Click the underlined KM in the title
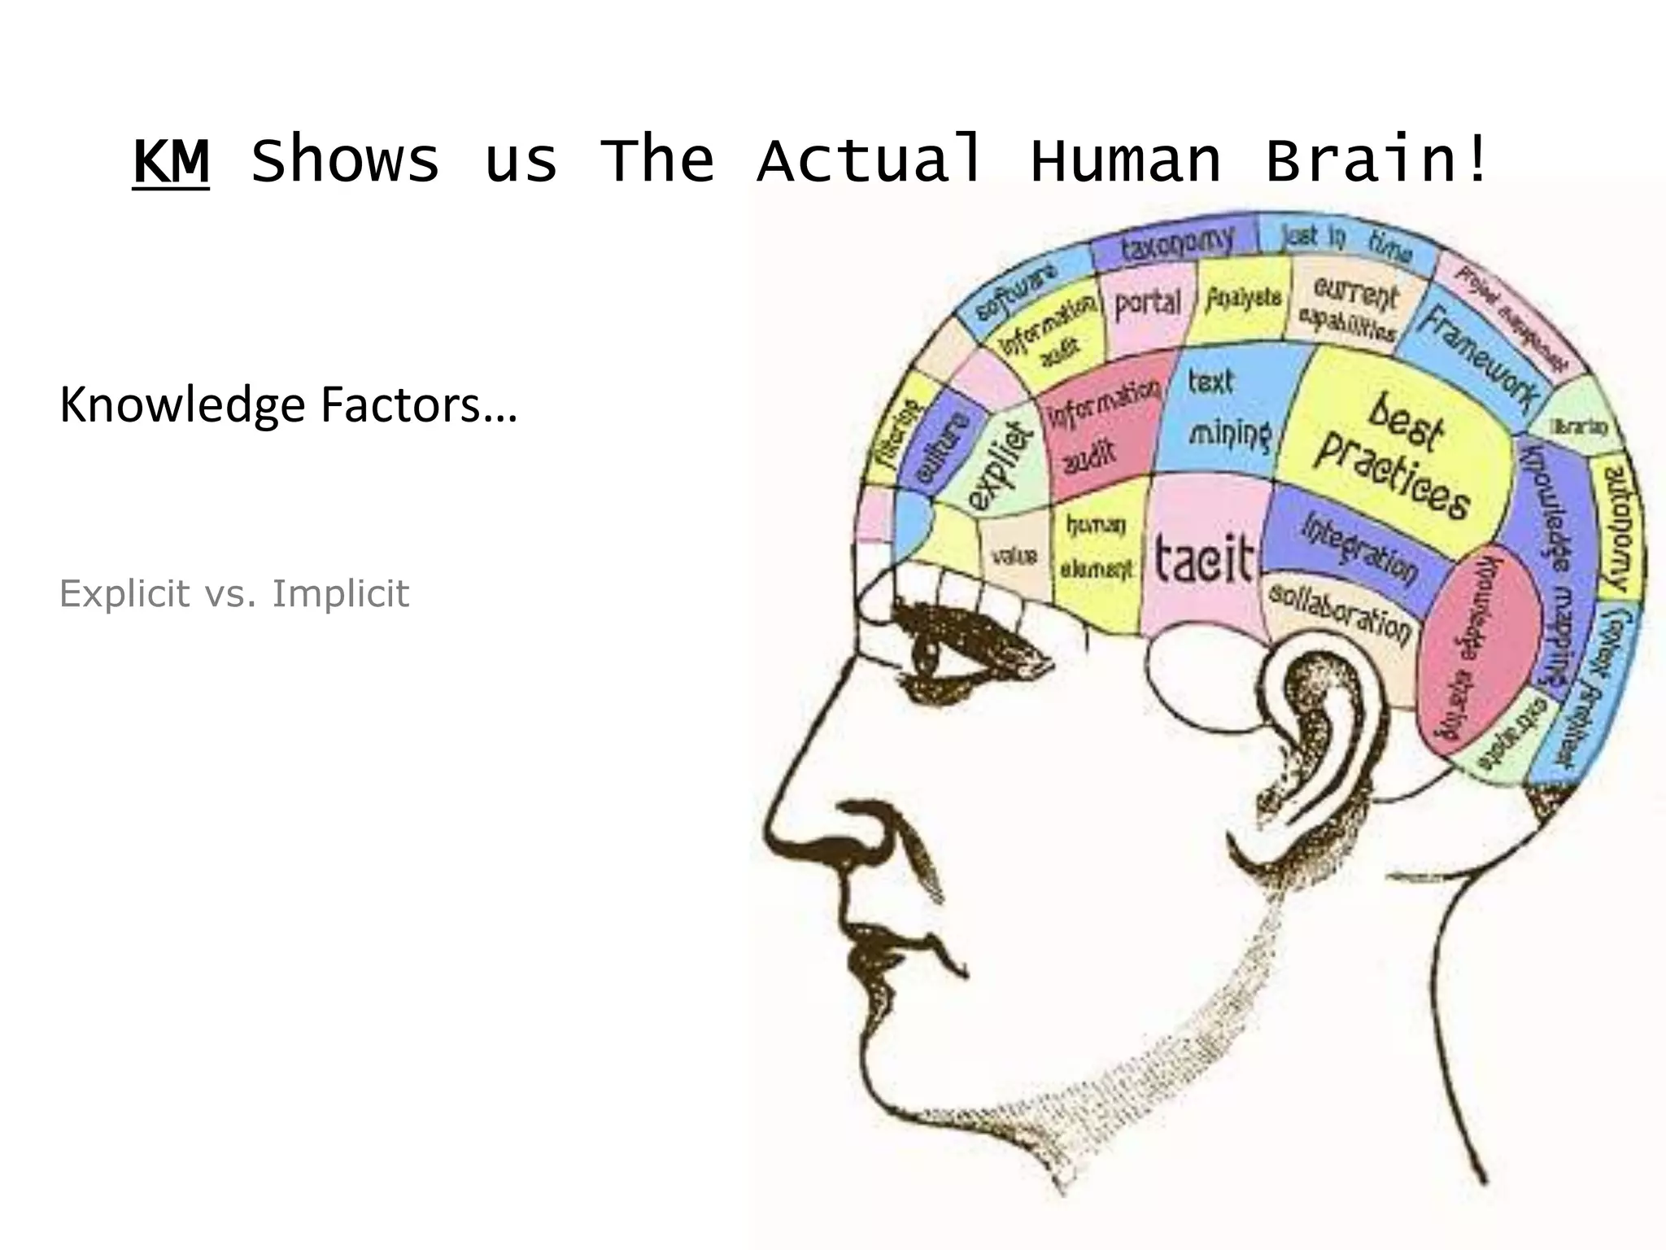tap(171, 161)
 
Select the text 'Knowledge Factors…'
tap(289, 404)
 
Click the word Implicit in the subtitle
tap(340, 593)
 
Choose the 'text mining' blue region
tap(1225, 411)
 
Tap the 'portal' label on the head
tap(1147, 304)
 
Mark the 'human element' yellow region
tap(1096, 548)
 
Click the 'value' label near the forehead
tap(1014, 557)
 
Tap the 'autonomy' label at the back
tap(1618, 527)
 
